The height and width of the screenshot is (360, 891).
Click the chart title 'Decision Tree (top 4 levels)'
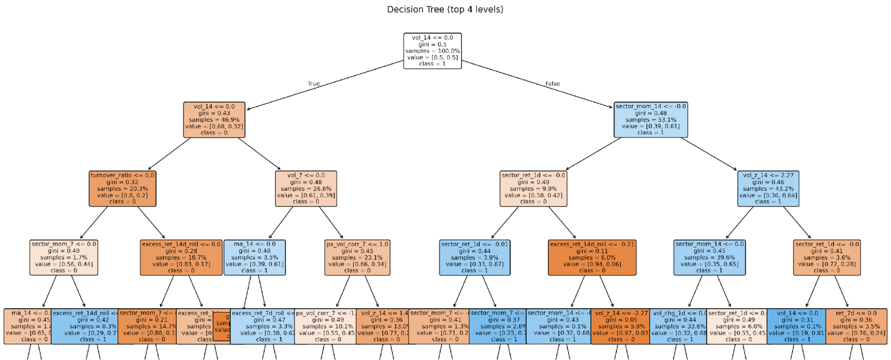tap(445, 9)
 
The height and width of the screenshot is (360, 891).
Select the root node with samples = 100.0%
tap(432, 51)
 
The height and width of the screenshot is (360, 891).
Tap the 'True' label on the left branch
tap(313, 84)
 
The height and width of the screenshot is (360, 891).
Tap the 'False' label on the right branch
tap(553, 84)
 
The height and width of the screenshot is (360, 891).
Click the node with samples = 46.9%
tap(214, 119)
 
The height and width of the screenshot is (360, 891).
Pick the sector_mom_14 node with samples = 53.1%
tap(651, 119)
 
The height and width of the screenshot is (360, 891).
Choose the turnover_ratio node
tap(122, 188)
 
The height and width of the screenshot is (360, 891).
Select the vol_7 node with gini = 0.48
tap(306, 188)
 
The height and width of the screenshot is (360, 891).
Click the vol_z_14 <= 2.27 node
tap(768, 188)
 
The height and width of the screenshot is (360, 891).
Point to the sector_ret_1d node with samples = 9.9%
tap(533, 188)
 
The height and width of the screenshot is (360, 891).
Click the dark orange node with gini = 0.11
tap(592, 257)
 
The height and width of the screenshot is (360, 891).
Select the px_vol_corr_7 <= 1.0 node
tap(357, 257)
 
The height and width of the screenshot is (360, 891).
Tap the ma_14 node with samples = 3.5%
tap(254, 257)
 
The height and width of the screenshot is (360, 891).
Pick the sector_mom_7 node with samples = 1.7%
tap(64, 257)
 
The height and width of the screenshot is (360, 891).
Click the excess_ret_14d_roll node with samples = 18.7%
tap(181, 257)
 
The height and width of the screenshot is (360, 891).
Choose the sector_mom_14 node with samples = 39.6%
tap(709, 257)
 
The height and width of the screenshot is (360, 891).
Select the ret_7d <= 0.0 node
tap(856, 326)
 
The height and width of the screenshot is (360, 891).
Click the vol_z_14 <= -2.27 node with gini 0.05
tap(620, 326)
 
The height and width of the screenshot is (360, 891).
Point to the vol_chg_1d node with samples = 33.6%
tap(678, 326)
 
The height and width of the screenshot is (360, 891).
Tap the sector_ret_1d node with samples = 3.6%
tap(827, 257)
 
